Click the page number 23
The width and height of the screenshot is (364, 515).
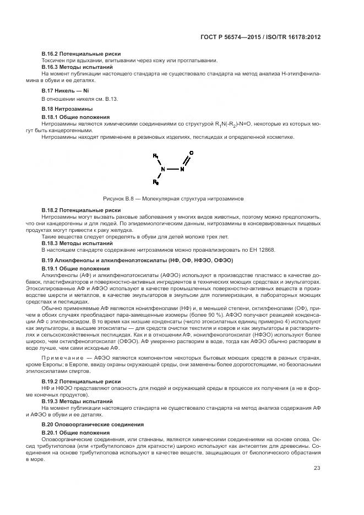317,468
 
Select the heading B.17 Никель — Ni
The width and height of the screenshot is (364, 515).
65,90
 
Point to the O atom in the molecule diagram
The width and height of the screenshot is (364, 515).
191,153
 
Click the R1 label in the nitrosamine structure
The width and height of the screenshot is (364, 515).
156,156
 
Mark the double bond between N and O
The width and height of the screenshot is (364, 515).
187,161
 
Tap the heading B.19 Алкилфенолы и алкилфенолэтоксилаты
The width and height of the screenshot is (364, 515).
137,259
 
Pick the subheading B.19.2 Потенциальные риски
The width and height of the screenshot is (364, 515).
81,381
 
